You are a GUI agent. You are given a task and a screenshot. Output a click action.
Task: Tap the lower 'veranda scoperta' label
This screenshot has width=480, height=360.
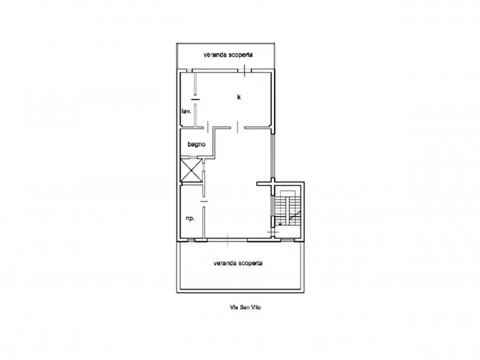[238, 263]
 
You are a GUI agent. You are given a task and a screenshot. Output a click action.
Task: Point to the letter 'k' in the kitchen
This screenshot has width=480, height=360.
[239, 97]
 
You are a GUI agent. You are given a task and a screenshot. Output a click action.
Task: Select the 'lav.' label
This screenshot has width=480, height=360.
[186, 112]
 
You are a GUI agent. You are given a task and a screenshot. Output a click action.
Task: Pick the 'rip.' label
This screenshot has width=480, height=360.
[189, 218]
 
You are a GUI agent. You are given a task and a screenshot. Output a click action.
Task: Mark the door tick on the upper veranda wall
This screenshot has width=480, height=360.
[245, 70]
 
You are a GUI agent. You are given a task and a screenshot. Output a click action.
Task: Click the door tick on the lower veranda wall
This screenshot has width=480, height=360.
[227, 240]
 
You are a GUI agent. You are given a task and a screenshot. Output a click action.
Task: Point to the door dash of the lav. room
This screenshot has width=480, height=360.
[195, 99]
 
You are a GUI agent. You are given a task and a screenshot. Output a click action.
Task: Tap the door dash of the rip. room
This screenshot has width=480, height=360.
[204, 201]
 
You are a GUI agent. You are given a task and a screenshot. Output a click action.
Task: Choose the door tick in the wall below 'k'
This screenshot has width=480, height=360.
[237, 127]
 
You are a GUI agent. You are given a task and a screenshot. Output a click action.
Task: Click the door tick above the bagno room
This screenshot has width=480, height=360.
[207, 127]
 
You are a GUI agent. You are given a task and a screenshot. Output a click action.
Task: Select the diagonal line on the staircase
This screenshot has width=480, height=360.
[295, 216]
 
